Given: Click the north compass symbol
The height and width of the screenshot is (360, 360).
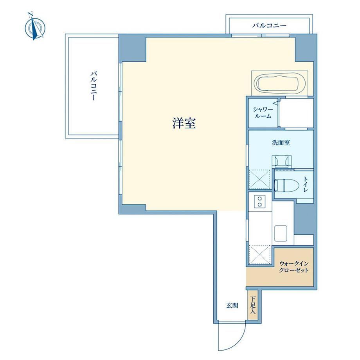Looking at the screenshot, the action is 35,27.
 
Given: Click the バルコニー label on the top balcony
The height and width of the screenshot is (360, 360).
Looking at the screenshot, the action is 269,25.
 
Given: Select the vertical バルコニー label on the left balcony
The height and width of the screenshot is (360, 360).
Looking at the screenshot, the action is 93,86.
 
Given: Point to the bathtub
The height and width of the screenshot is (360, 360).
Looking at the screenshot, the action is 279,84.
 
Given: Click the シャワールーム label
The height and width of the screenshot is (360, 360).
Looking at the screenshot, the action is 263,113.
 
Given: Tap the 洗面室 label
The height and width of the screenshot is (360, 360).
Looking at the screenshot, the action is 281,142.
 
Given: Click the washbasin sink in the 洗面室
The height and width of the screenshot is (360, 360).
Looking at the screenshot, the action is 282,161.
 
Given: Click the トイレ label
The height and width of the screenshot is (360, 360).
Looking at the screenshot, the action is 306,184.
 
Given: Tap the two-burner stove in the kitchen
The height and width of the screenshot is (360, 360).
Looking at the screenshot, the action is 260,202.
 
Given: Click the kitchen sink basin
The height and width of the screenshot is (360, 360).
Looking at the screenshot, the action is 281,233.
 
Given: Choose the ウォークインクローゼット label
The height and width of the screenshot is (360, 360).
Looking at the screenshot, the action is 293,266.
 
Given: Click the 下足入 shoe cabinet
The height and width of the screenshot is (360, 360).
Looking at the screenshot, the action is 253,305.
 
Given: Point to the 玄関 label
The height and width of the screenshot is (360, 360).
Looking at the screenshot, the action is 232,306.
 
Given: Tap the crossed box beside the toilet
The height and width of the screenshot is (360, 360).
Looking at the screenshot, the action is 260,179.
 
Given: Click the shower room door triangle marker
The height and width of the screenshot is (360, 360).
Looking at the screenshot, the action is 276,103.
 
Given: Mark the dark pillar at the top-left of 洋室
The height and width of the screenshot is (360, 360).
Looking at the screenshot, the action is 133,48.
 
